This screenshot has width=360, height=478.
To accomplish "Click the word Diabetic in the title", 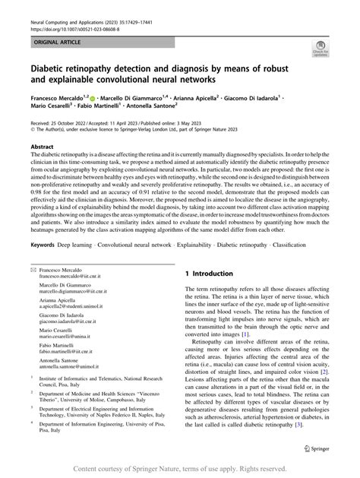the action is (x=51, y=65).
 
